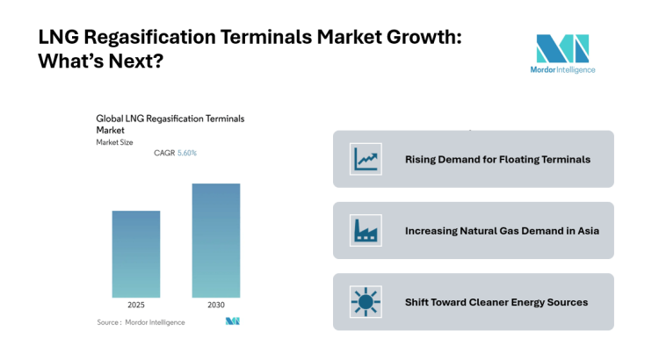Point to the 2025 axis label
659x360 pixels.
pyautogui.click(x=136, y=305)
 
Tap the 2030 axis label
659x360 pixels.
pyautogui.click(x=216, y=305)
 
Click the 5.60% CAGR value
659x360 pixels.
pyautogui.click(x=187, y=153)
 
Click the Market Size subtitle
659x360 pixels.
pyautogui.click(x=114, y=141)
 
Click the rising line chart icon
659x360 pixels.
pyautogui.click(x=364, y=159)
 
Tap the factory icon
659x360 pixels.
pyautogui.click(x=364, y=230)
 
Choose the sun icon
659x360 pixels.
pyautogui.click(x=364, y=301)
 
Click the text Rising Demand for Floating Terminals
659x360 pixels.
pyautogui.click(x=496, y=159)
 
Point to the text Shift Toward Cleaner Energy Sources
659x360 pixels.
pyautogui.click(x=496, y=302)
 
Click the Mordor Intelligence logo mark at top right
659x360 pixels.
pyautogui.click(x=562, y=48)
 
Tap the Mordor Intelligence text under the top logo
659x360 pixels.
pyautogui.click(x=562, y=70)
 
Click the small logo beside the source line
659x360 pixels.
pyautogui.click(x=232, y=322)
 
